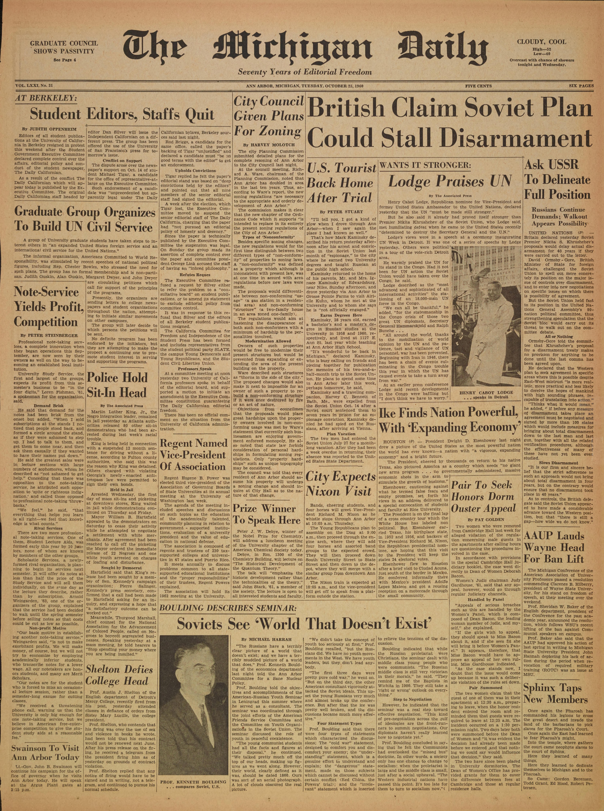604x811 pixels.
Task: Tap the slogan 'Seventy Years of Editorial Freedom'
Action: coord(305,72)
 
